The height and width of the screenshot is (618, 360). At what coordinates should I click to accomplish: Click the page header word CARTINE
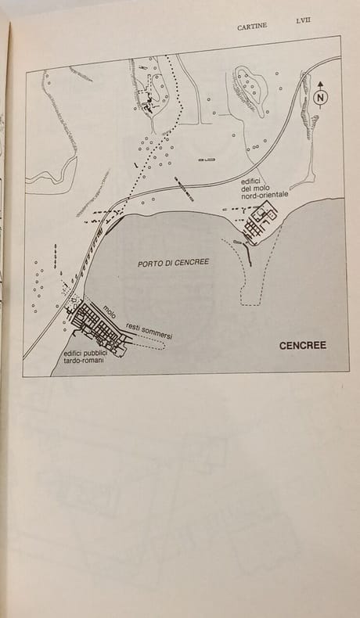click(252, 27)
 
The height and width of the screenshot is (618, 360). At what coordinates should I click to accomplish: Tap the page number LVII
click(303, 21)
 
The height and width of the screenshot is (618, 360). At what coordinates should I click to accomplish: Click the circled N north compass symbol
click(322, 97)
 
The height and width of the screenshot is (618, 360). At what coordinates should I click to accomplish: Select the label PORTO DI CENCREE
click(173, 263)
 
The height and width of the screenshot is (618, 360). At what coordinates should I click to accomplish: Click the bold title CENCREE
click(302, 346)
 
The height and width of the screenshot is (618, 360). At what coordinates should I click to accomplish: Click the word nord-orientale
click(267, 194)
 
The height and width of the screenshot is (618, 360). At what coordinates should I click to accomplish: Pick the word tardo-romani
click(81, 360)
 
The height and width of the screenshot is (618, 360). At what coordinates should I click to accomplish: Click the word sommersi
click(159, 335)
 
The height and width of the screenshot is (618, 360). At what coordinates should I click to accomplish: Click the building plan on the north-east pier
click(261, 221)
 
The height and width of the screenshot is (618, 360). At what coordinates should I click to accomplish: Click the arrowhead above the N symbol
click(321, 84)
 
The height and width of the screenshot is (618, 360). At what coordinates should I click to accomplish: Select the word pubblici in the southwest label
click(94, 353)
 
